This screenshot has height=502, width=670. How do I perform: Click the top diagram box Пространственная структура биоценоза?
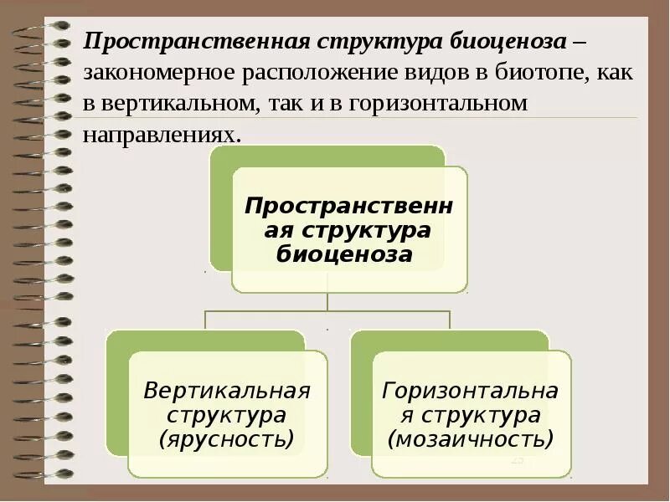349,229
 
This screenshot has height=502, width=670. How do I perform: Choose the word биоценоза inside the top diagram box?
344,254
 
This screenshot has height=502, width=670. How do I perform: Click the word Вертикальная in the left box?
227,391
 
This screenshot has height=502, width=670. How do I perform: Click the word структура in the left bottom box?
226,414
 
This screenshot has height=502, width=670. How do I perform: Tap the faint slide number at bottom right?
517,460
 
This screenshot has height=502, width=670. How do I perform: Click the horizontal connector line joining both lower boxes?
327,311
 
